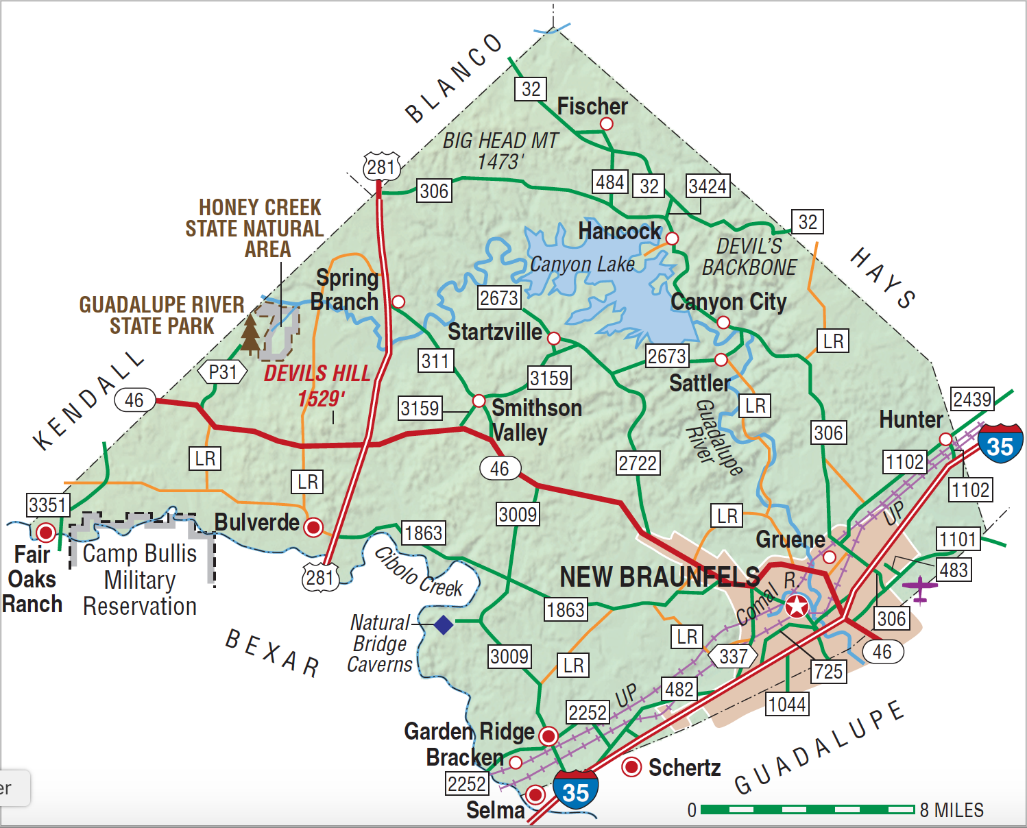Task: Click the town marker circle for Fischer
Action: [606, 123]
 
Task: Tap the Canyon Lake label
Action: [582, 264]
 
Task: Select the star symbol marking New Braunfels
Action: [797, 607]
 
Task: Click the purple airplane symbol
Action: [919, 588]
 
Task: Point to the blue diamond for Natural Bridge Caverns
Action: [444, 624]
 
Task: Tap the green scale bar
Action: [807, 810]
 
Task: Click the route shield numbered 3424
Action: [708, 186]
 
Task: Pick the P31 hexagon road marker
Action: [223, 372]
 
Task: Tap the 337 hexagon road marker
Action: [733, 656]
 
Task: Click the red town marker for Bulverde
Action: [313, 526]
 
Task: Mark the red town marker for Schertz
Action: [631, 767]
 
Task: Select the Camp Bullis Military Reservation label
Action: [140, 580]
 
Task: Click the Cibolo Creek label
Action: [418, 573]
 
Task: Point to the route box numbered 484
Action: [609, 182]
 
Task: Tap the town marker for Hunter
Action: [945, 439]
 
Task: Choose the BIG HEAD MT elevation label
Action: [500, 151]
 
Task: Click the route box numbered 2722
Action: [638, 463]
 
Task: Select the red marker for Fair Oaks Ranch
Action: [46, 532]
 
